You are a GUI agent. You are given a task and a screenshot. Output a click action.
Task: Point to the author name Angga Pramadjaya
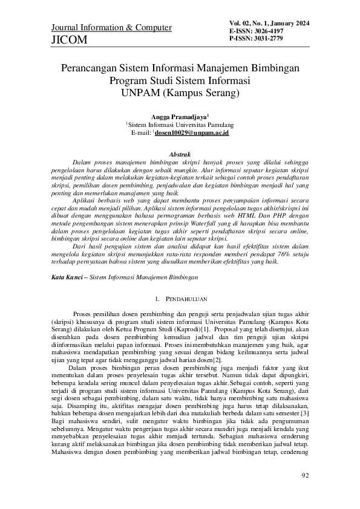(x=178, y=115)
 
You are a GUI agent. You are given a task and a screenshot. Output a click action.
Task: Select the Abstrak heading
(x=179, y=155)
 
